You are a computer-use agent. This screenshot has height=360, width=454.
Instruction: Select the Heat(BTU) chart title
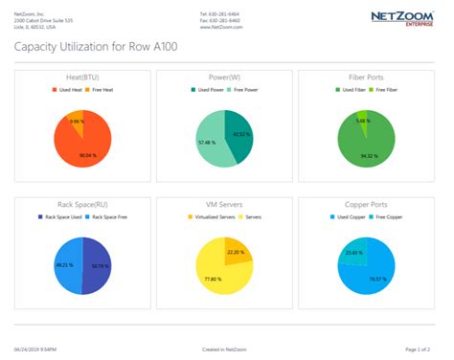click(x=81, y=78)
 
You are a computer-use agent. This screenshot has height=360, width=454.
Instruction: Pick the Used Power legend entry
click(x=208, y=90)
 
